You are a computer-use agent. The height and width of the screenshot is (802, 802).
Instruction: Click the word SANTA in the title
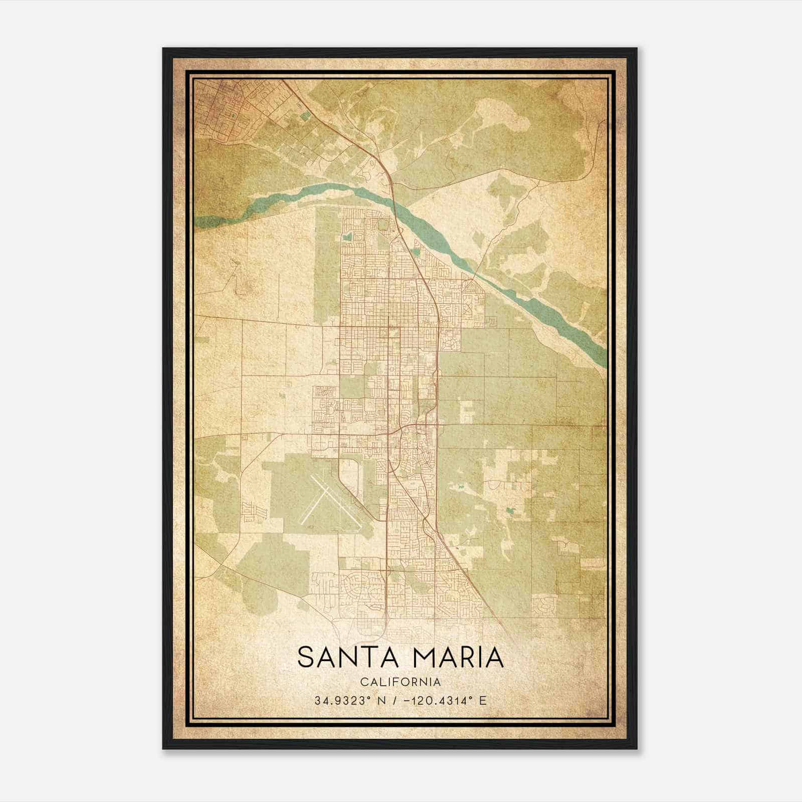click(345, 658)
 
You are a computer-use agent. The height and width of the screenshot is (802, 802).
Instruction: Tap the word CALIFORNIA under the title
click(400, 682)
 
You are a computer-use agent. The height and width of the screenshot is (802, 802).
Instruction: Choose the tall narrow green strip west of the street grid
click(326, 266)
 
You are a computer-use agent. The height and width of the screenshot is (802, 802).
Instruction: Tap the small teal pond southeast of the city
click(511, 511)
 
